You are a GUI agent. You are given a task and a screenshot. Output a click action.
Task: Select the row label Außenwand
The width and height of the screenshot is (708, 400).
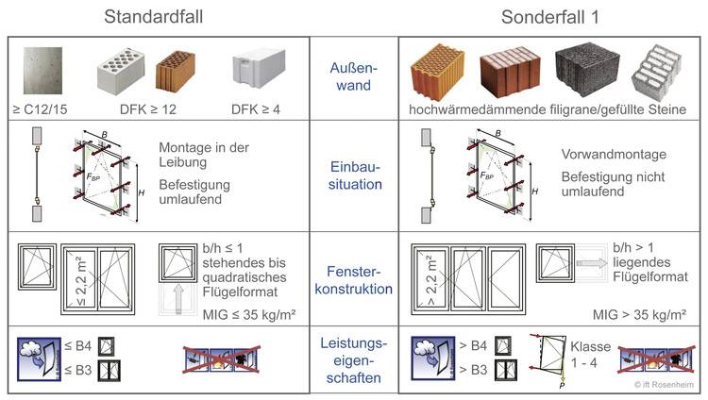tap(353, 76)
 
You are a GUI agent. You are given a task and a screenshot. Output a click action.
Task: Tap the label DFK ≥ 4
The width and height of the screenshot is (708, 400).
tap(255, 109)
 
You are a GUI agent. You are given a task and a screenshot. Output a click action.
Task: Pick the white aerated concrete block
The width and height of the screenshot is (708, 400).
tap(256, 72)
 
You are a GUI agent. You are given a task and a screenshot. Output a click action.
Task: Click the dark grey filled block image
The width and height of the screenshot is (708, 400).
tap(587, 70)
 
